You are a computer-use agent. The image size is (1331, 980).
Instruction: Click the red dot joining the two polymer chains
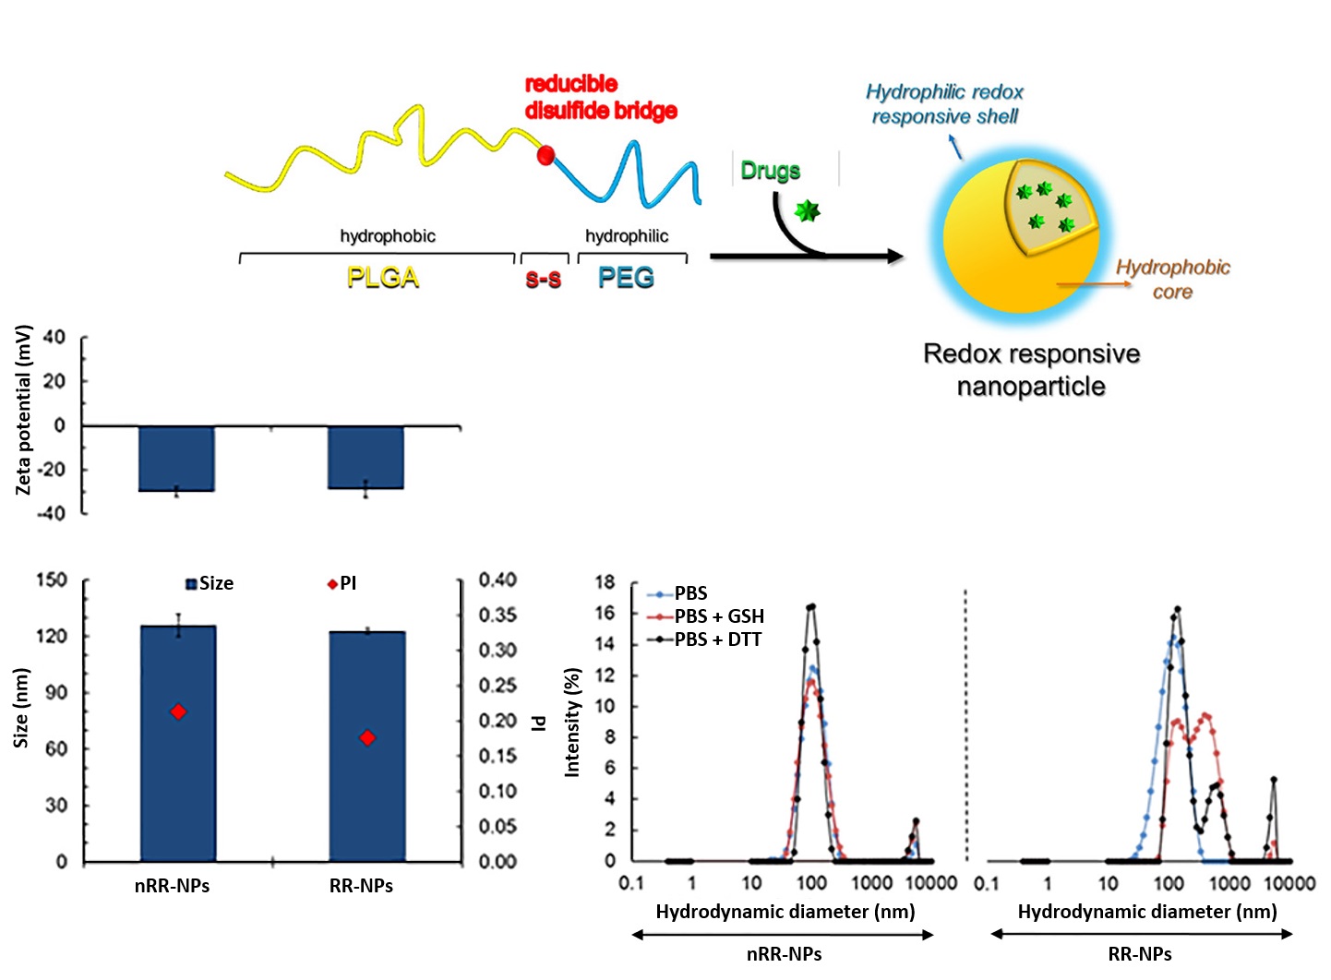pos(546,155)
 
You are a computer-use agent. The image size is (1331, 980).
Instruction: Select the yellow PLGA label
pos(382,278)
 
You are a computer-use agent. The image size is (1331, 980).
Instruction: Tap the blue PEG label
pos(626,278)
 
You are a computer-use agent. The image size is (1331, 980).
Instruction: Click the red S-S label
pos(544,279)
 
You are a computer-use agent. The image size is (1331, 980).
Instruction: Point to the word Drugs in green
pos(770,171)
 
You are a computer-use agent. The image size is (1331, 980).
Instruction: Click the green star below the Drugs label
pos(808,211)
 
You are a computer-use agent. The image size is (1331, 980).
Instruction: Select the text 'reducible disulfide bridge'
pos(601,98)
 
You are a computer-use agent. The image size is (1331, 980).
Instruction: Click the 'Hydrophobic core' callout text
pos(1172,280)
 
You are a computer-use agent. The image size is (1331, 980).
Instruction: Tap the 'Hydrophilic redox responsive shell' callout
pos(944,104)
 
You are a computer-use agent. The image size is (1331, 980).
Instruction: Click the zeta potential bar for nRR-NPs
pos(176,458)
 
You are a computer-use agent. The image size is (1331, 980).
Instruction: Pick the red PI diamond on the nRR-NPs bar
pos(178,711)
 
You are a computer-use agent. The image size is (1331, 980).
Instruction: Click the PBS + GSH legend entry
pos(718,616)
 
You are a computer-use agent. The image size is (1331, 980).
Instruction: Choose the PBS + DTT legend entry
pos(717,639)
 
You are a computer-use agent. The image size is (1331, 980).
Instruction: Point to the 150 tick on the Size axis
pos(52,580)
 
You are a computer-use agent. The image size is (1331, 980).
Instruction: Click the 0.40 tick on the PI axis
pos(498,580)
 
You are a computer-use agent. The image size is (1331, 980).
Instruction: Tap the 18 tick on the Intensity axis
pos(605,582)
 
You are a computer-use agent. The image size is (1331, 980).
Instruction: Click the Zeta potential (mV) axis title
pos(24,410)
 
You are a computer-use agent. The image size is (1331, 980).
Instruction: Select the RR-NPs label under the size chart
pos(361,886)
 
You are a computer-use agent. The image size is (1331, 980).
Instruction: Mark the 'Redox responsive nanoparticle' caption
pos(1031,370)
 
